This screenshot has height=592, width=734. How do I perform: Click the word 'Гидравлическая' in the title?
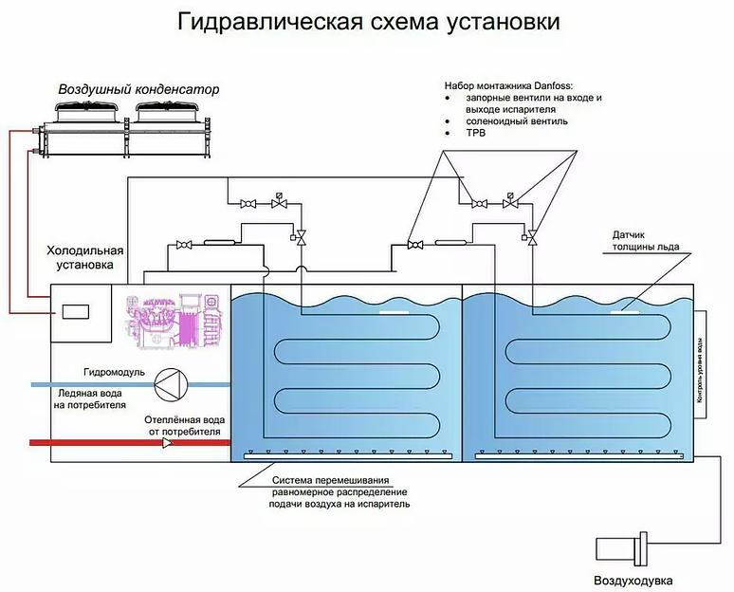[x=269, y=22]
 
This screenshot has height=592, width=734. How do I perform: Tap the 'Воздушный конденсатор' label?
[x=138, y=89]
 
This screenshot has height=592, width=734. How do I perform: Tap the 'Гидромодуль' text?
[x=114, y=372]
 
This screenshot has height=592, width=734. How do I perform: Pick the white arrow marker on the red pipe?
[x=168, y=442]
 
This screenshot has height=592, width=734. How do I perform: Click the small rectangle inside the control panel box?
[x=71, y=309]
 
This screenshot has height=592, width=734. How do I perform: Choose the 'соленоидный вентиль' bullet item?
[x=517, y=121]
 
